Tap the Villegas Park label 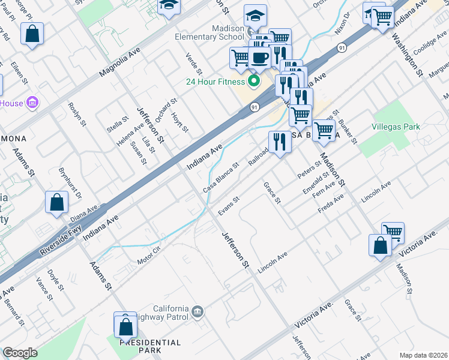tap(396, 127)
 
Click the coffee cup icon tap(259, 58)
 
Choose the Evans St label tap(229, 206)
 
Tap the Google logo tap(20, 352)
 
